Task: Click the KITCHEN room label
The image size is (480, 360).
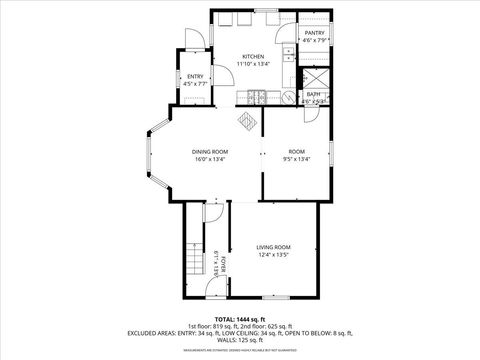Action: tap(252, 57)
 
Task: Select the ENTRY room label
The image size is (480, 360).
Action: tap(194, 77)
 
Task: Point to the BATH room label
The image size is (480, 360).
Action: tap(313, 94)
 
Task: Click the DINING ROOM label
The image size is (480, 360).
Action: tap(210, 150)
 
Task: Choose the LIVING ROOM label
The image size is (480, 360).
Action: tap(273, 247)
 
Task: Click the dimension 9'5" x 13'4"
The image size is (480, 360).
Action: tap(297, 158)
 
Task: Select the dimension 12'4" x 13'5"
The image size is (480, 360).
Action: tap(273, 256)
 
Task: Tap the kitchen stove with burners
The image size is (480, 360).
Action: tap(257, 97)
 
